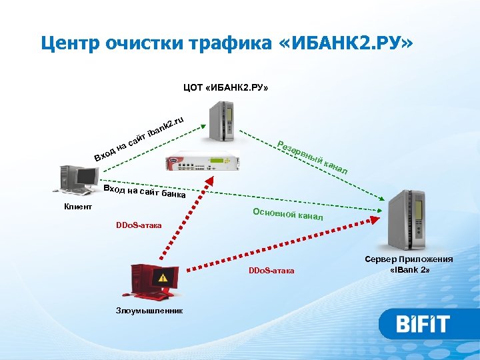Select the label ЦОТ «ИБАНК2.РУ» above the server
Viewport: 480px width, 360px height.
[x=226, y=87]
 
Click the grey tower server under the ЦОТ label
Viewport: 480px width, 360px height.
[x=221, y=120]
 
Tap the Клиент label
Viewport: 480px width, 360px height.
[x=78, y=207]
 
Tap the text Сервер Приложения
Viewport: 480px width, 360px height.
[x=409, y=259]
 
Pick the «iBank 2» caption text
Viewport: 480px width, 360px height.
[x=409, y=270]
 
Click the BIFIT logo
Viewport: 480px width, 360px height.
[x=423, y=325]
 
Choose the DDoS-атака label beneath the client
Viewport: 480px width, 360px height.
[x=139, y=225]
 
